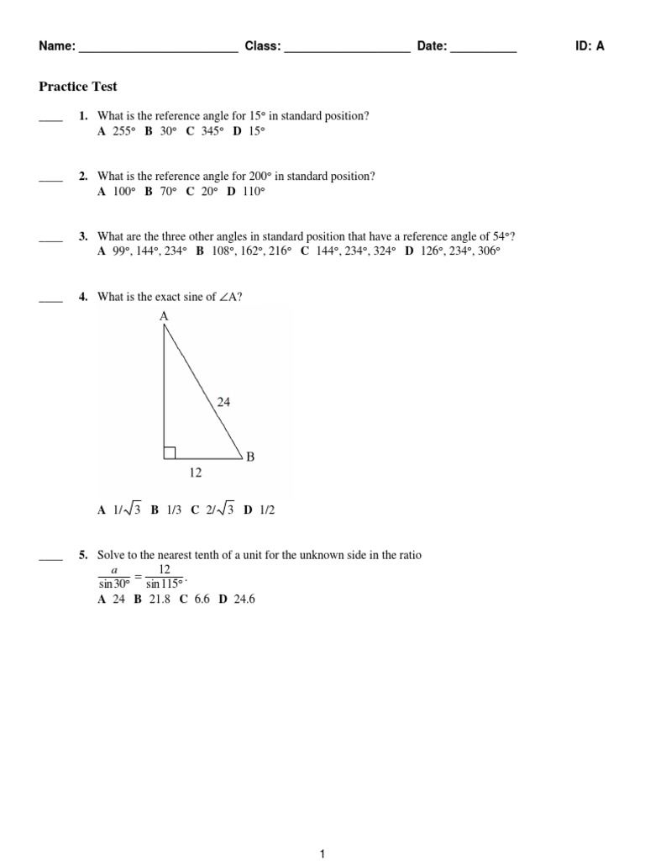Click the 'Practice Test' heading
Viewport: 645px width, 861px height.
tap(78, 87)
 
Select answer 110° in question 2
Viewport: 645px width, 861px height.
tap(252, 192)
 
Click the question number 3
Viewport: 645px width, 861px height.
tap(83, 236)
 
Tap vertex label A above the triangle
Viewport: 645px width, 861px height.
tap(163, 316)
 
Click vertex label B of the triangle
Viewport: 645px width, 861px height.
tap(249, 457)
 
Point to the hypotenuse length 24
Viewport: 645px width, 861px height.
tap(223, 403)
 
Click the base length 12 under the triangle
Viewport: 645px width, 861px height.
tap(195, 473)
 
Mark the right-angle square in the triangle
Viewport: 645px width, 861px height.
tap(170, 453)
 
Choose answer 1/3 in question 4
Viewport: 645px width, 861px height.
tap(173, 510)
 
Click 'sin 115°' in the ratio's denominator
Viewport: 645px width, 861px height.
tap(164, 584)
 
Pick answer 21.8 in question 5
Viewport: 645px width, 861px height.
tap(157, 600)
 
